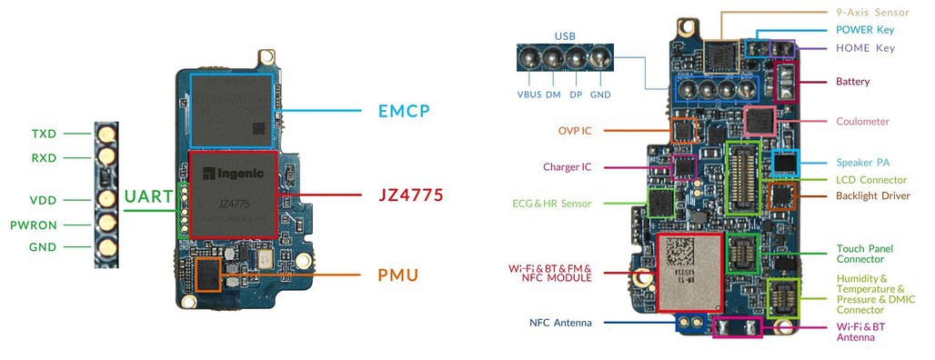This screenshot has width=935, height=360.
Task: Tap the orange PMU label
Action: tap(397, 274)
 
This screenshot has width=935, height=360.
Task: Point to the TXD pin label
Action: tap(44, 134)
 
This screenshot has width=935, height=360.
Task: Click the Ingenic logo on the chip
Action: tap(231, 174)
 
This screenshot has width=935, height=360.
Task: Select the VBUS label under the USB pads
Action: tap(529, 95)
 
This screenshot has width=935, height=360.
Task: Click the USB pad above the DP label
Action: tap(576, 60)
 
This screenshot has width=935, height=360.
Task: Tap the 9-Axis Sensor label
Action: tap(874, 13)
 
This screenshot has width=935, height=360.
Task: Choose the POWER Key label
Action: tap(865, 30)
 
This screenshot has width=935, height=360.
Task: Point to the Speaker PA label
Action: tap(862, 163)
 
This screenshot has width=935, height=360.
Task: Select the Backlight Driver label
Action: tap(872, 195)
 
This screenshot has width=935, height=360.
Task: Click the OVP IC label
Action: tap(575, 130)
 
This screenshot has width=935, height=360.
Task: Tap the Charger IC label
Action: tap(567, 166)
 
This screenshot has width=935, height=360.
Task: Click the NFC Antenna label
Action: tap(560, 323)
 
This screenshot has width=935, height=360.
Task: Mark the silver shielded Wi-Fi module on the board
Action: tap(689, 270)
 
